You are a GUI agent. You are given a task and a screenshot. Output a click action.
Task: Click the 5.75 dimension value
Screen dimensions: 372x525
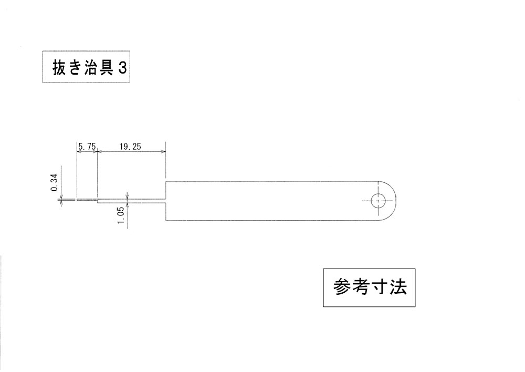point(87,147)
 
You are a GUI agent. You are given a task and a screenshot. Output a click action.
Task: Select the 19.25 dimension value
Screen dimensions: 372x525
point(130,147)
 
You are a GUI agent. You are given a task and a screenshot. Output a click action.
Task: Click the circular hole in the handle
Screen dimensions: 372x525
point(378,201)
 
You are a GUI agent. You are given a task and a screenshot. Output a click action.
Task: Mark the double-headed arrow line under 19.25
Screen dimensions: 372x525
point(131,152)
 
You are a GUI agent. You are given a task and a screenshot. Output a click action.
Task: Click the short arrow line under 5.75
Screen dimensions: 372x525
point(87,152)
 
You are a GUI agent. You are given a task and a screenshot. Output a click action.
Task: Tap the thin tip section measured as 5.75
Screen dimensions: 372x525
point(87,200)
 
